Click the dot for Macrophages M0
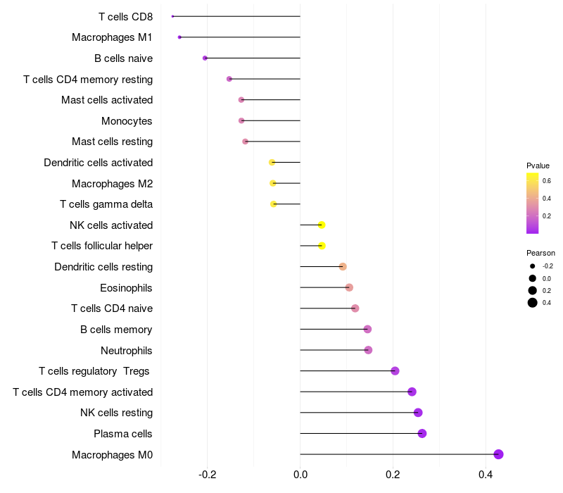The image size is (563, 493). point(498,454)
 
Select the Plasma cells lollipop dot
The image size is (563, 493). point(422,433)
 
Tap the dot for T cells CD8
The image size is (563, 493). point(172,16)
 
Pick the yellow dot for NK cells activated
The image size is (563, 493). point(322,225)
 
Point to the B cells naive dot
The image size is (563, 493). point(205,58)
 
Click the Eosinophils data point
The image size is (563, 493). point(349,287)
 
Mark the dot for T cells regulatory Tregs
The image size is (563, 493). point(395,371)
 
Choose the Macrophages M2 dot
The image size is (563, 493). point(273,183)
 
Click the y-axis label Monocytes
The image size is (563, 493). point(127,121)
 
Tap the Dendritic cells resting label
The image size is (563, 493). point(103,267)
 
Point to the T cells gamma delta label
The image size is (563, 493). point(106,204)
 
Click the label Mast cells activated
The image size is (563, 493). point(107,100)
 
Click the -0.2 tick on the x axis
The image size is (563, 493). point(208,475)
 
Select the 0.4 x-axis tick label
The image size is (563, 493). point(486,475)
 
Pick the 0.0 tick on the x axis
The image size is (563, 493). point(301,475)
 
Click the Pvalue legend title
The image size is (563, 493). point(538,166)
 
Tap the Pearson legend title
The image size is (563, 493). point(540,253)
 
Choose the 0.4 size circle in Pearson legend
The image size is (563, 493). point(533,303)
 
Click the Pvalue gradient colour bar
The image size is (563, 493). point(533,203)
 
